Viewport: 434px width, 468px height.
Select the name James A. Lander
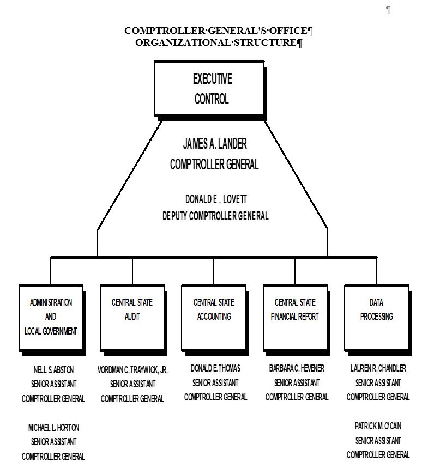214,144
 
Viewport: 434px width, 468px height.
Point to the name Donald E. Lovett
215,199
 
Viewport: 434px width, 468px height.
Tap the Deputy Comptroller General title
215,216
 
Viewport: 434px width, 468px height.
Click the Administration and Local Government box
51,317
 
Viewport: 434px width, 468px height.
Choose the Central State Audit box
132,317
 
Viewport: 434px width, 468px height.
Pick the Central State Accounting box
214,317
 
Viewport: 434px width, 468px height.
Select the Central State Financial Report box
295,317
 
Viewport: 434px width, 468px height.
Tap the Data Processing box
376,317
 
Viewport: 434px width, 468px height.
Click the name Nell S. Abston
53,370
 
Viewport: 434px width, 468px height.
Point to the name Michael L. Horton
53,428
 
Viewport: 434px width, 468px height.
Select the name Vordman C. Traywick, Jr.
132,370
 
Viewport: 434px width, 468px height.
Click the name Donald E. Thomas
215,368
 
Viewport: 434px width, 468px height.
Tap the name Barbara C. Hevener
297,369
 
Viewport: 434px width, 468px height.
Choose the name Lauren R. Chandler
378,368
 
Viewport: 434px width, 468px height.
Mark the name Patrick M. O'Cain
378,426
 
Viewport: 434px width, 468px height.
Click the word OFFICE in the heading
286,31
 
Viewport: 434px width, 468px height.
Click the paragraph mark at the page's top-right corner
388,9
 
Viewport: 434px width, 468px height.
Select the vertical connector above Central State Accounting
214,270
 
